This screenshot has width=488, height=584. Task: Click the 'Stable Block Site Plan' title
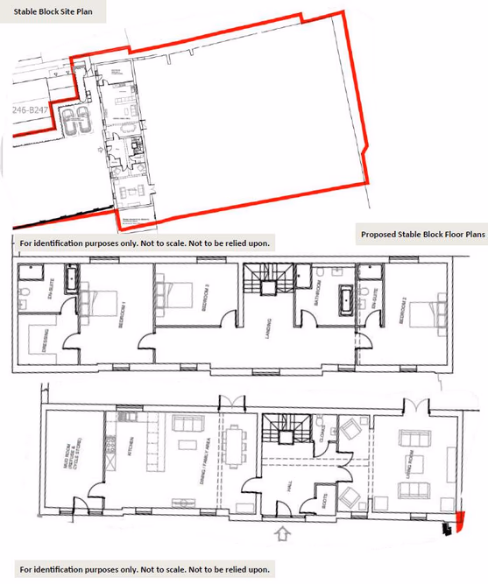pos(53,15)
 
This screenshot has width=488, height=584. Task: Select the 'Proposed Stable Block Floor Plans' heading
pos(421,235)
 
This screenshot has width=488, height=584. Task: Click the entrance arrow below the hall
pos(281,532)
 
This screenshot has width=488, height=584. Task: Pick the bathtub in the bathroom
pos(346,299)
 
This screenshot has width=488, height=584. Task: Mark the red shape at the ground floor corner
pos(454,523)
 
